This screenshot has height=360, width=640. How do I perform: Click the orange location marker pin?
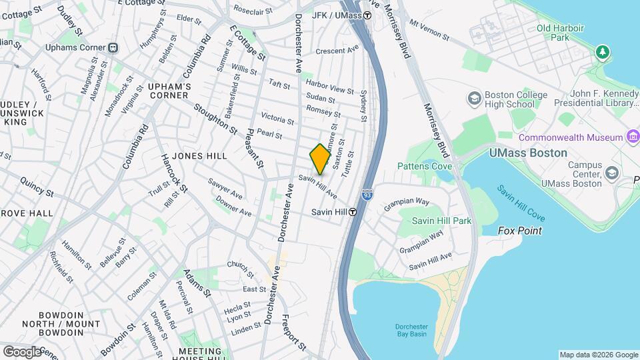click(320, 159)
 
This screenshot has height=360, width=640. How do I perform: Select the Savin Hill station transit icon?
click(352, 212)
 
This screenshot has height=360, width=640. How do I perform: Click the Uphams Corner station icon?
click(113, 47)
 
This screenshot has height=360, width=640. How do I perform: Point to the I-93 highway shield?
click(367, 195)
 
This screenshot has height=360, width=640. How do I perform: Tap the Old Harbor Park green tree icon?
click(603, 51)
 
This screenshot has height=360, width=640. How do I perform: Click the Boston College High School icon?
click(475, 98)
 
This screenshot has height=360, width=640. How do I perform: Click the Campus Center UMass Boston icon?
click(611, 174)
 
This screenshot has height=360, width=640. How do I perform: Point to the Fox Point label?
click(520, 231)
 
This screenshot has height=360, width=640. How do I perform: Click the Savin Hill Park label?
click(441, 221)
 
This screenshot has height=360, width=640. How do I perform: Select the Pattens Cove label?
click(425, 166)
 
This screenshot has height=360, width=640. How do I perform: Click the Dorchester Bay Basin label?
click(410, 330)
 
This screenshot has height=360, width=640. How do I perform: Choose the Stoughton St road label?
click(215, 117)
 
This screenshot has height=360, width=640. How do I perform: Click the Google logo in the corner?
click(22, 351)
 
